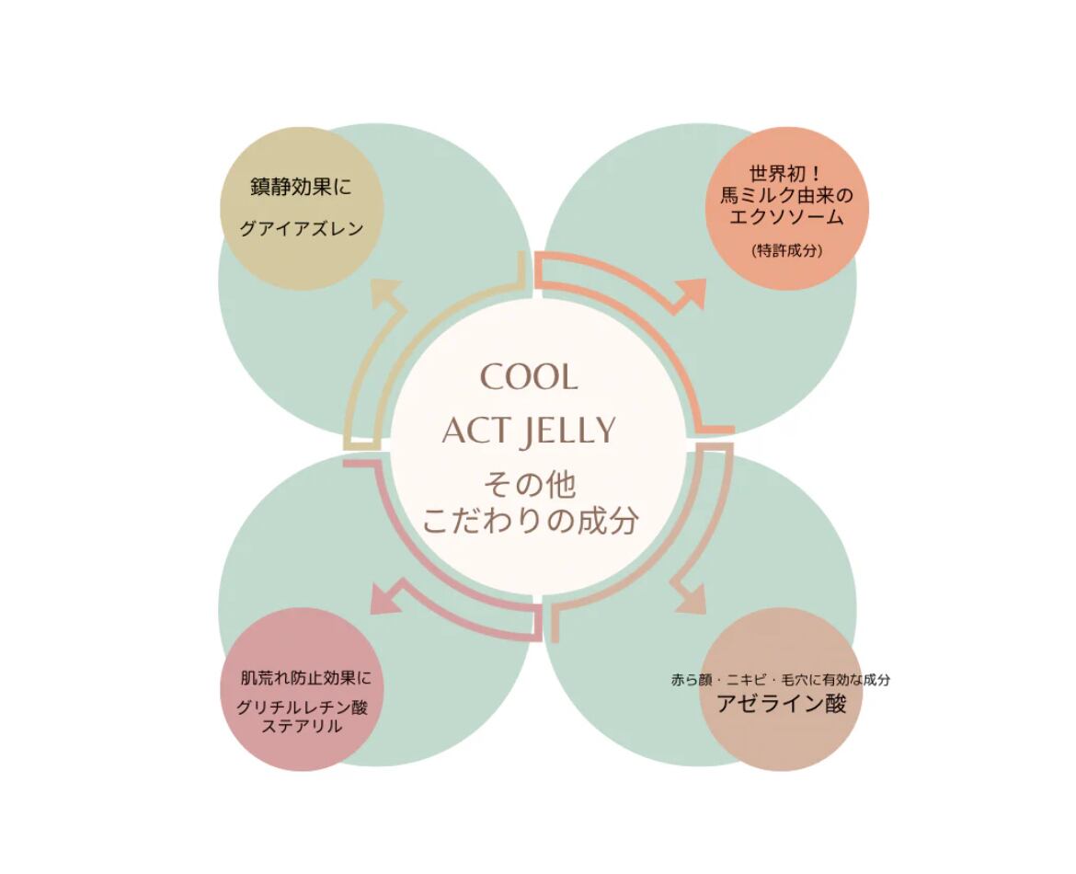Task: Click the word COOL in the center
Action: click(x=530, y=377)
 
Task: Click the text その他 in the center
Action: click(x=530, y=484)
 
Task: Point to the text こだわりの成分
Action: click(x=530, y=522)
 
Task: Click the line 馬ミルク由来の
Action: click(x=787, y=196)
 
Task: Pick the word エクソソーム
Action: click(x=786, y=218)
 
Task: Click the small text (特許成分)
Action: click(x=786, y=249)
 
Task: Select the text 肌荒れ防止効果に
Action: click(x=305, y=680)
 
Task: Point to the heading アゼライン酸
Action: click(x=781, y=705)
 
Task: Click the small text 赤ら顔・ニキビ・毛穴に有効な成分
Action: click(x=781, y=680)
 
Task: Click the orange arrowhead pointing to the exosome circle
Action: click(x=692, y=293)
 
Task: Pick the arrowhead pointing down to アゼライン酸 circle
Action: click(x=689, y=598)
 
